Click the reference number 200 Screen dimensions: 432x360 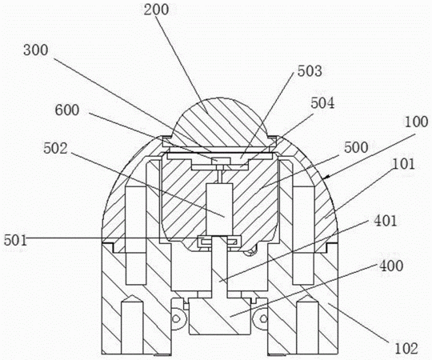click(156, 10)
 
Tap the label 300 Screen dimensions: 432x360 click(36, 50)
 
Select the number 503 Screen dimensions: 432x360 click(310, 71)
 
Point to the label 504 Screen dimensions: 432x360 click(322, 103)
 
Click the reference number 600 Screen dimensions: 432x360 click(67, 110)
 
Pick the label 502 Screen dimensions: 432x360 click(55, 148)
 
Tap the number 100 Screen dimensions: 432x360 click(416, 122)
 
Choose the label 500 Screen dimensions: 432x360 click(356, 147)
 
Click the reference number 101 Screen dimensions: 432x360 click(403, 164)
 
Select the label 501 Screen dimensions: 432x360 click(16, 240)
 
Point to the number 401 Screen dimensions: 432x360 click(385, 221)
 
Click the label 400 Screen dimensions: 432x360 click(391, 266)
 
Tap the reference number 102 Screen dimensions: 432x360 click(406, 349)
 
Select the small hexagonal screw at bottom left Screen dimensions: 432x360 click(176, 318)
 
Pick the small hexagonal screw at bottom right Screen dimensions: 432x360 click(263, 318)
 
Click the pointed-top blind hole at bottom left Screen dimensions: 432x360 click(132, 325)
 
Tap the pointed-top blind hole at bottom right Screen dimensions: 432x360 click(307, 325)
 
